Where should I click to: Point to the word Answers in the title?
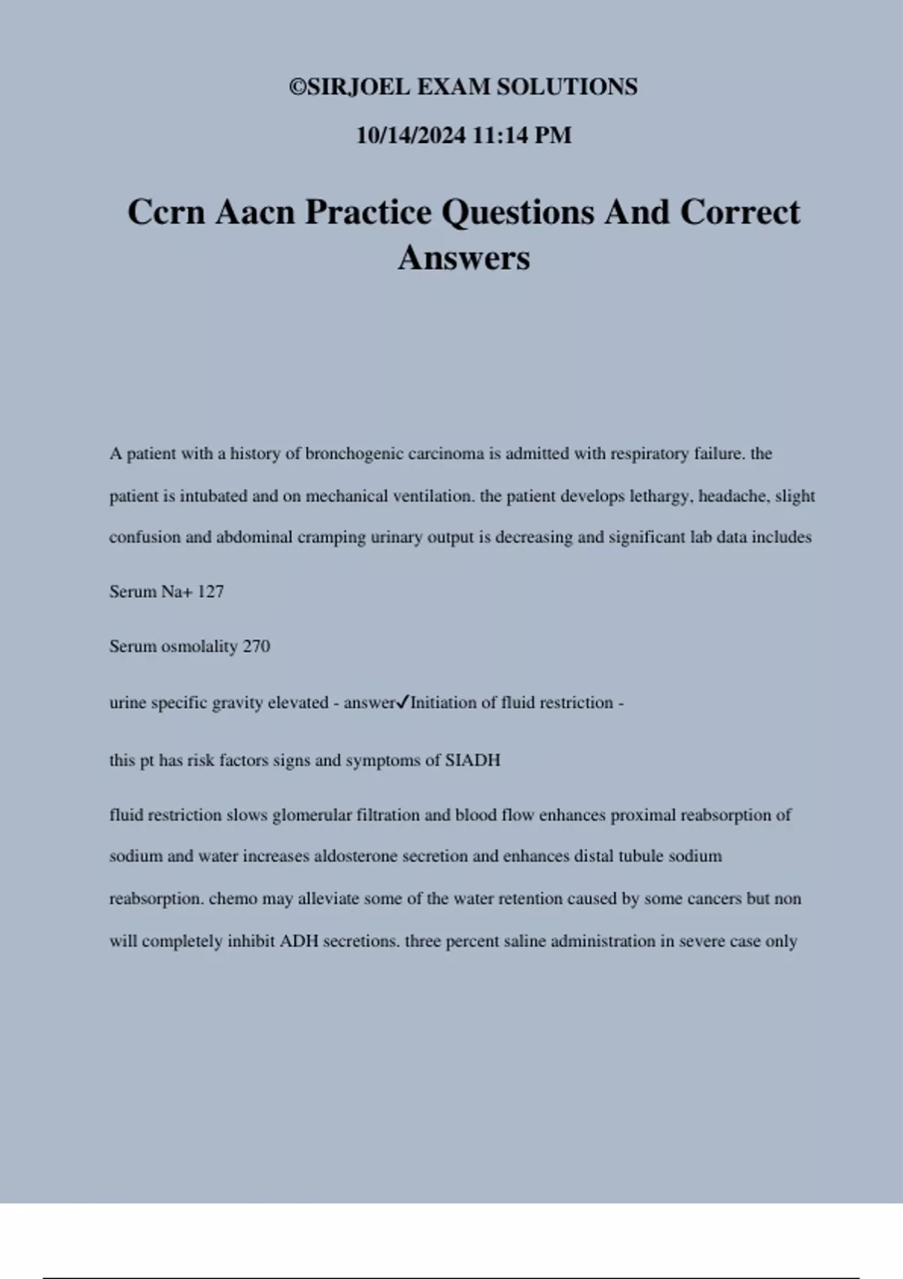[464, 258]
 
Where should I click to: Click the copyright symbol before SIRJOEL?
[297, 87]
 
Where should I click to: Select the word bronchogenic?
[354, 454]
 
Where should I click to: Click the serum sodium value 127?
[211, 592]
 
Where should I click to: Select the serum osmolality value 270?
[256, 646]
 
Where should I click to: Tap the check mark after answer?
[403, 702]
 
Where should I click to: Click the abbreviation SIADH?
[473, 761]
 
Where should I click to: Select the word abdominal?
[254, 538]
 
